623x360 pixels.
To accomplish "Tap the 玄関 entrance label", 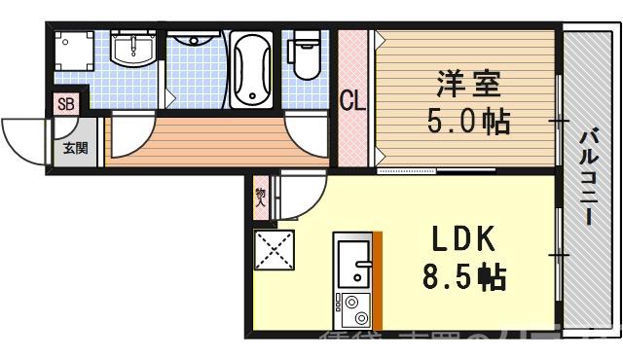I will (x=74, y=148).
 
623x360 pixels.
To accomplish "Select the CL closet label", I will (x=351, y=99).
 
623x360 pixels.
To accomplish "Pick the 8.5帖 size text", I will (x=464, y=278).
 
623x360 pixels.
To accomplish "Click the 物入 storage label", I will (x=261, y=198).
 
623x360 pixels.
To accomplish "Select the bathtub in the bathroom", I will (x=253, y=68).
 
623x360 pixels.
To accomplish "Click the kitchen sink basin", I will (x=351, y=262).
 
